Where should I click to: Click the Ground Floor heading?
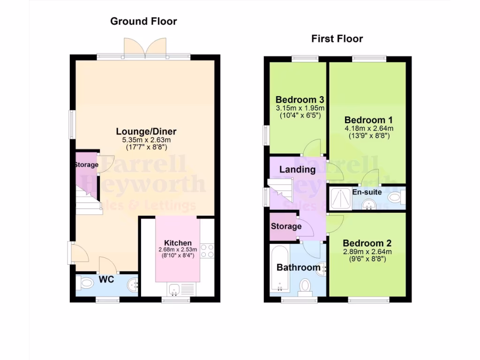click(143, 21)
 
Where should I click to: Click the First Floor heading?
click(337, 39)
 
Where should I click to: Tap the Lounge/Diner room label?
click(146, 131)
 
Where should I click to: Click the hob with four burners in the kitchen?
click(207, 251)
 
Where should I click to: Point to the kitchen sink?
click(175, 291)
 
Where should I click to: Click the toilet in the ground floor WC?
click(87, 283)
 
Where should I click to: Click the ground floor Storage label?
click(86, 165)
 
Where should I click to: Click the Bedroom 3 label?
click(300, 100)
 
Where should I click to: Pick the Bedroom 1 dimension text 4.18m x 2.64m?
click(368, 128)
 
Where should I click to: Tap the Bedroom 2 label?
click(367, 243)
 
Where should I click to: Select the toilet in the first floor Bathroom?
click(306, 285)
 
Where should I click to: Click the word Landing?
click(297, 169)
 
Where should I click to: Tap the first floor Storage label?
click(286, 226)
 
